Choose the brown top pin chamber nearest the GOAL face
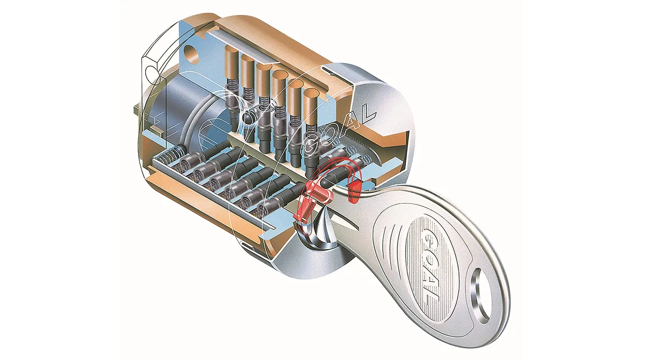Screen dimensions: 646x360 pyautogui.click(x=310, y=107)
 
